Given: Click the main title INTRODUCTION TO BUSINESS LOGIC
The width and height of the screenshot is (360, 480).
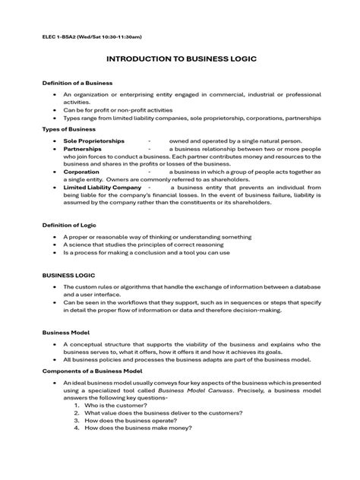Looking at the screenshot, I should click(179, 58).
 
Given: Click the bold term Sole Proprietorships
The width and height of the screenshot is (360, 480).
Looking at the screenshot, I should click(94, 141).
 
